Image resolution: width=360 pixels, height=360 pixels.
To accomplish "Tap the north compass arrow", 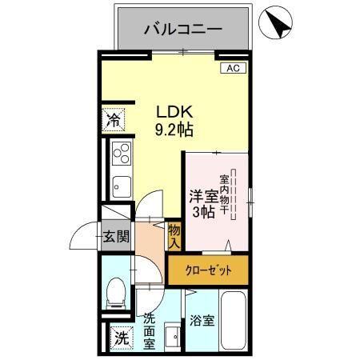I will [x=278, y=23].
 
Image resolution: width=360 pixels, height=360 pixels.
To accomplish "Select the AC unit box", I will [x=233, y=68].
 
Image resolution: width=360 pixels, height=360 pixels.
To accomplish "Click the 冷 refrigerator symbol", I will [x=114, y=122].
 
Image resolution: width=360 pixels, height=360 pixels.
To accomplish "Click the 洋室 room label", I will [x=202, y=195].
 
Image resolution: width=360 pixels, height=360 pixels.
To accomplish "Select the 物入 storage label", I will [x=174, y=236].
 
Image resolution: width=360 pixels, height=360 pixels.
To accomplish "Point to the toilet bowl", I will [x=117, y=293].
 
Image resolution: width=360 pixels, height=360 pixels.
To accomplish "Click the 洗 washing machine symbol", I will [x=120, y=338].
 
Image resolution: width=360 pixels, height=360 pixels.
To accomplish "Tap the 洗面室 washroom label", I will [x=149, y=330].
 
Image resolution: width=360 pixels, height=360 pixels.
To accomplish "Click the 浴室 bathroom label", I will [x=203, y=322].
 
